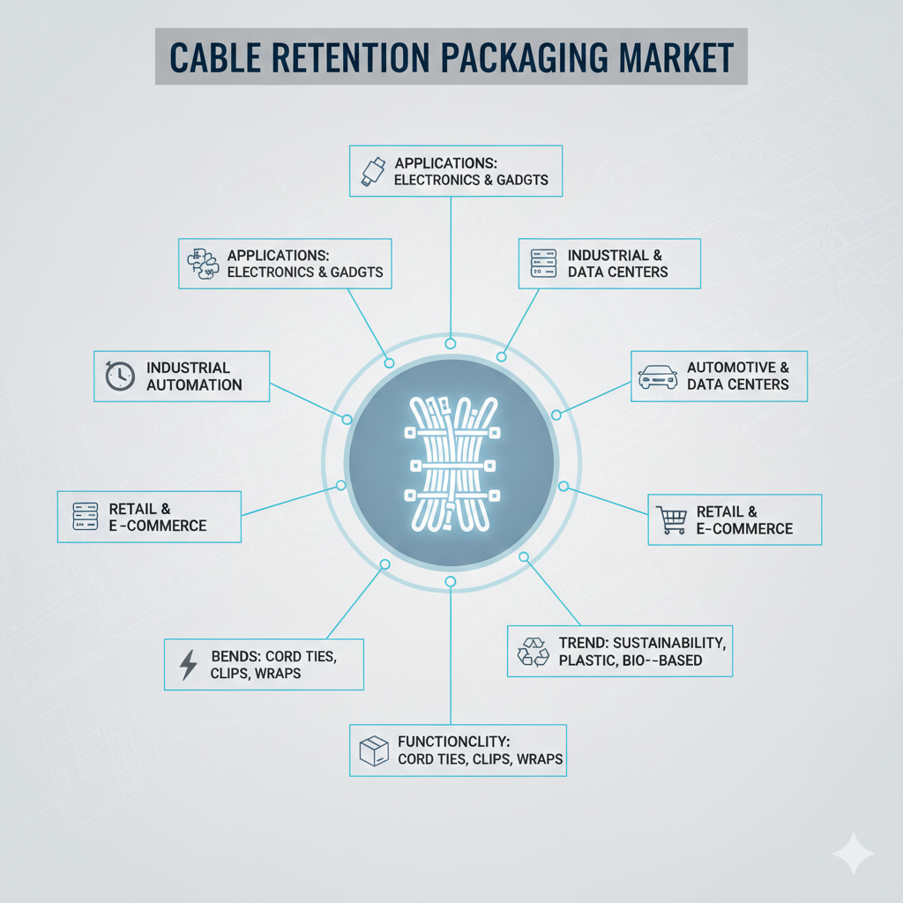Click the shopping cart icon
(x=672, y=520)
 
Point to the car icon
(x=657, y=376)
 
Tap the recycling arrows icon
(x=533, y=652)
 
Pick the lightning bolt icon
(x=188, y=664)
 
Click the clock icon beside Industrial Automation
(x=118, y=376)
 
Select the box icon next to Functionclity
(x=374, y=750)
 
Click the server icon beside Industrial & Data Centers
(x=541, y=263)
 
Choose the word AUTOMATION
(x=194, y=384)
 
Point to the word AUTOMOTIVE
(x=731, y=367)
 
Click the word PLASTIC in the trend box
(x=590, y=660)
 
